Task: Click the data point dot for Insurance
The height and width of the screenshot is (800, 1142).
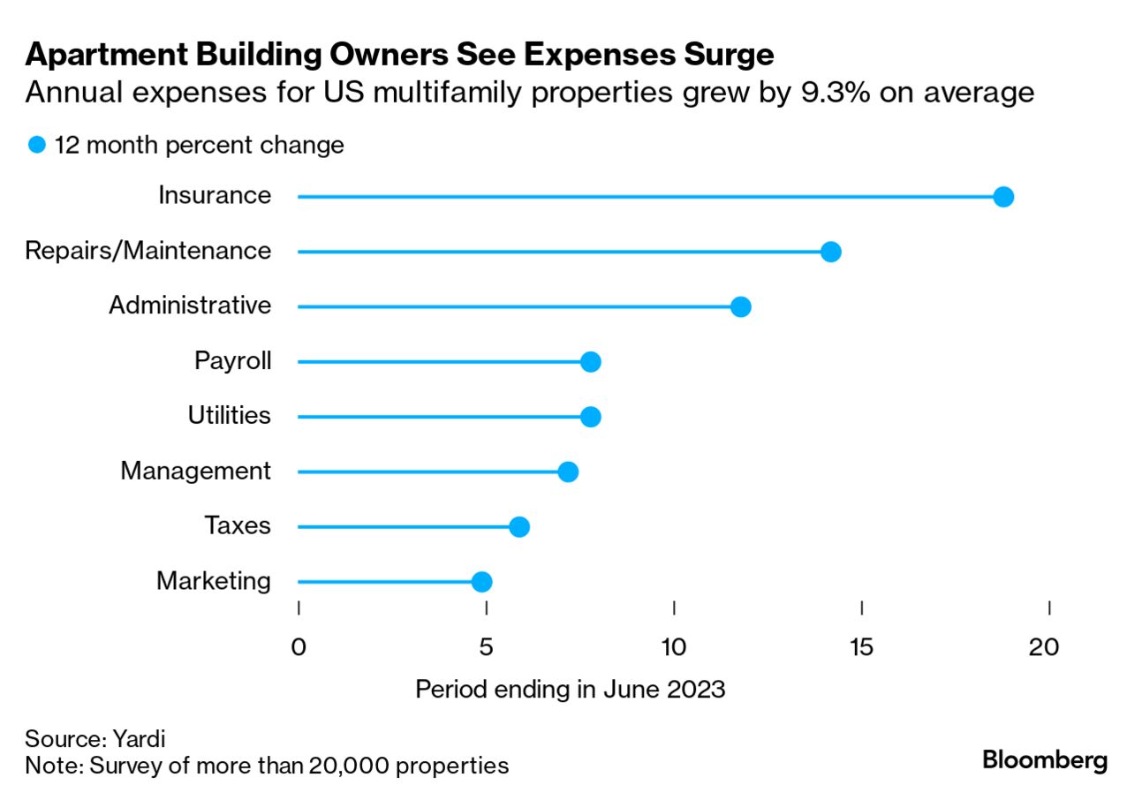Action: (1002, 197)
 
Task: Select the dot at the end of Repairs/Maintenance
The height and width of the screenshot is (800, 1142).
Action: (830, 253)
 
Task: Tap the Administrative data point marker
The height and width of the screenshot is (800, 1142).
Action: (741, 307)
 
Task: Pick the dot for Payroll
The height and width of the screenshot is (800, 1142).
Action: (591, 362)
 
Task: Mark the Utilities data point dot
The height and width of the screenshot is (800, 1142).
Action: (591, 417)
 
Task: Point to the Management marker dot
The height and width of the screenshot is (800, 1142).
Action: (568, 472)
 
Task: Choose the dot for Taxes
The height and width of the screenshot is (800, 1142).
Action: (519, 527)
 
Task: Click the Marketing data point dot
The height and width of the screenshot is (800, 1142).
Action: (481, 582)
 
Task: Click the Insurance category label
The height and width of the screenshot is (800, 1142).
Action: (215, 195)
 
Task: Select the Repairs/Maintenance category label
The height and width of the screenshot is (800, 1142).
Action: (148, 251)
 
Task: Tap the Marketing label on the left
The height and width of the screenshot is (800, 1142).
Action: (214, 581)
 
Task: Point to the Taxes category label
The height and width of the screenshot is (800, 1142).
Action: (238, 526)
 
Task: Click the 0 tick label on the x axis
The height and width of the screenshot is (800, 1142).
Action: (299, 647)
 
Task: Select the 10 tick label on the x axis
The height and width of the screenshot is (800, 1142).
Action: (674, 647)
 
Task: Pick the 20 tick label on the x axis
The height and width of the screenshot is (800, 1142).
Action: (1045, 647)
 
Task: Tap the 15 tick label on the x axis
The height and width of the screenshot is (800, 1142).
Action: (861, 647)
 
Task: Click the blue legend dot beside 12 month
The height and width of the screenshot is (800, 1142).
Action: (37, 145)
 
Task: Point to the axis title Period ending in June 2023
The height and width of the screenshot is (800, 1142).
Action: (570, 690)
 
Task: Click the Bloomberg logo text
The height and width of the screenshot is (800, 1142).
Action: (1044, 759)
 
